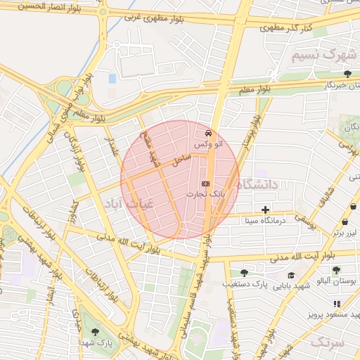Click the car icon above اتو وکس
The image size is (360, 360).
coord(208,133)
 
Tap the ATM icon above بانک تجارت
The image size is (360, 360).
coord(205,184)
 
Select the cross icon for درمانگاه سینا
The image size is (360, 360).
coord(265,210)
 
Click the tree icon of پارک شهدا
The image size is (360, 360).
coord(95,333)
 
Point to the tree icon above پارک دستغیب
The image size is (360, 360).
coord(243,273)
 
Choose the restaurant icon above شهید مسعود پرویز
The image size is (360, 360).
coord(337,304)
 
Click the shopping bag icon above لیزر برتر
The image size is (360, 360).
coord(353,207)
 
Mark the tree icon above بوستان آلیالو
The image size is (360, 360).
coord(337,269)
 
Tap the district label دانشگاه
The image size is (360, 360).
coord(258,184)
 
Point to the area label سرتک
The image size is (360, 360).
coord(327,342)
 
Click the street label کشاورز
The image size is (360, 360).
coord(70,216)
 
